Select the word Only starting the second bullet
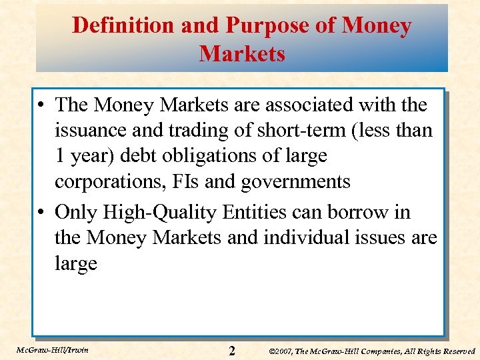pos(75,213)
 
